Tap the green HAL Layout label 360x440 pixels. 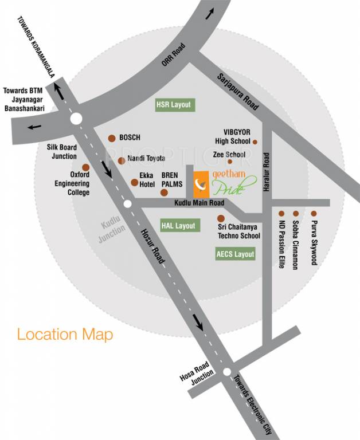[179, 226]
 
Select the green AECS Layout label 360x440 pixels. [236, 254]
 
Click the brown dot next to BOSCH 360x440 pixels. [112, 138]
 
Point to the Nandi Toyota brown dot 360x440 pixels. [122, 160]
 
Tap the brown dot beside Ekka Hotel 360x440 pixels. [134, 182]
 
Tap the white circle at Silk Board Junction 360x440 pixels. [76, 119]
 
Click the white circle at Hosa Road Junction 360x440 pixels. [227, 371]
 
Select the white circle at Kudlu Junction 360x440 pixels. [128, 203]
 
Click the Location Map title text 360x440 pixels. [65, 335]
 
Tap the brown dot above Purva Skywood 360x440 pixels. [314, 213]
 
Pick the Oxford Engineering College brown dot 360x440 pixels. [86, 167]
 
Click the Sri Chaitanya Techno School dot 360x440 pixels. [220, 218]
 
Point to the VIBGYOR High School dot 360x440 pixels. [255, 142]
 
